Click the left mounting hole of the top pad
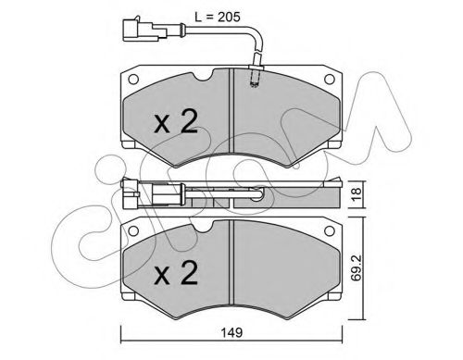click(134, 79)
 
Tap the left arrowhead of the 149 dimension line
click(122, 332)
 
